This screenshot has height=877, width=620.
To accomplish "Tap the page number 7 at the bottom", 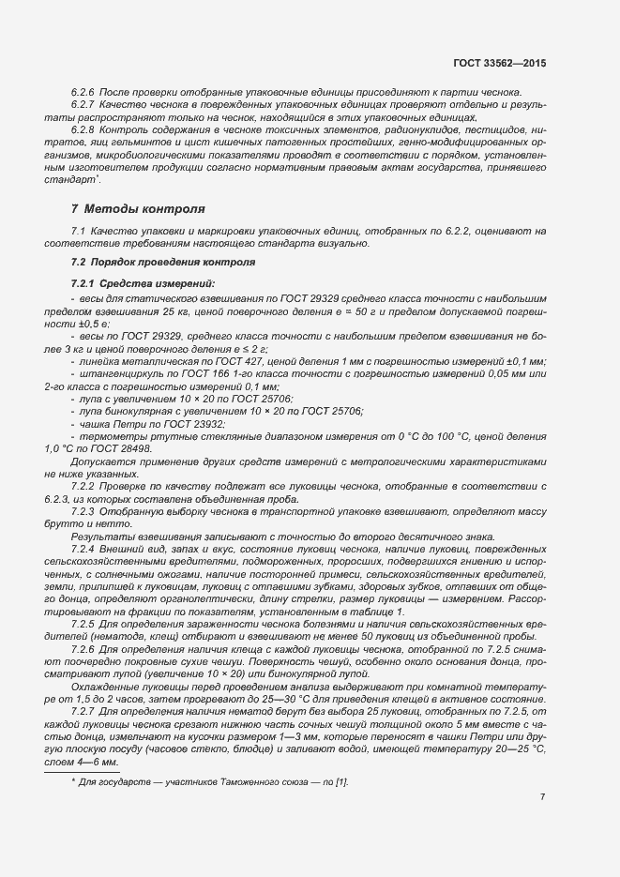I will click(542, 797).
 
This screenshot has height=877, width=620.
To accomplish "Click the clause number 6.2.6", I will click(83, 93).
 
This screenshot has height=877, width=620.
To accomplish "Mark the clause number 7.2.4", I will click(83, 546).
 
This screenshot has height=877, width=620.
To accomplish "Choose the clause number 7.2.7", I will click(83, 711).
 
